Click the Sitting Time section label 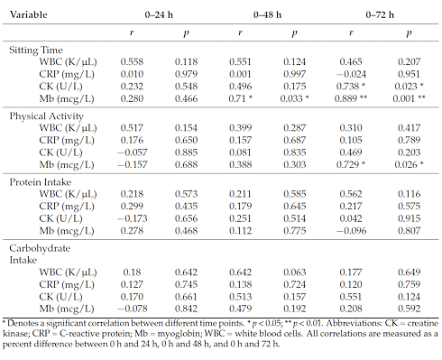click(33, 56)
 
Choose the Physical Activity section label click(41, 118)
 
